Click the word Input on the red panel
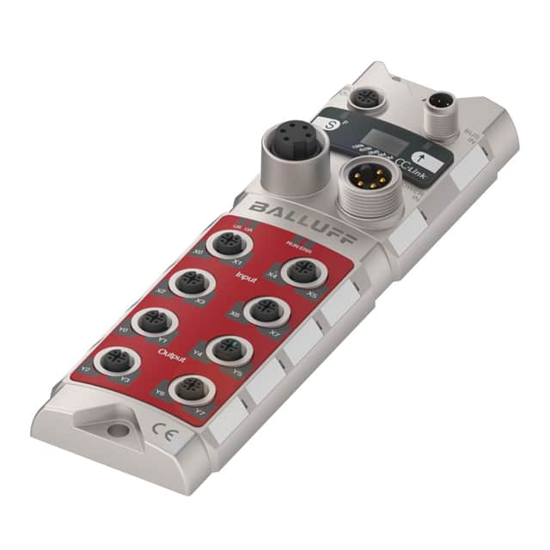pyautogui.click(x=246, y=277)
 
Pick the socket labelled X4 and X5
pyautogui.click(x=302, y=272)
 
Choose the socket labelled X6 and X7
pyautogui.click(x=265, y=310)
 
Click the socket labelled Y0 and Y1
pyautogui.click(x=154, y=321)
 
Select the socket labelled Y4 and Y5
pyautogui.click(x=228, y=349)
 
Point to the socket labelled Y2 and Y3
pyautogui.click(x=116, y=361)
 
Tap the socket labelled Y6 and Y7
pyautogui.click(x=190, y=390)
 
